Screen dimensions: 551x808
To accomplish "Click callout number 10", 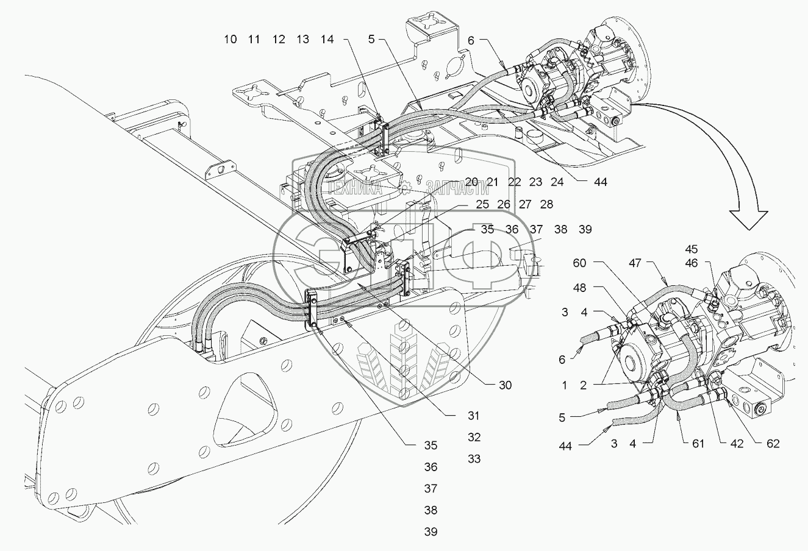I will click(x=230, y=40).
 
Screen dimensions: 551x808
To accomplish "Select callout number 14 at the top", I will click(x=327, y=40).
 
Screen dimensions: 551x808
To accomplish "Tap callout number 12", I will click(x=279, y=40).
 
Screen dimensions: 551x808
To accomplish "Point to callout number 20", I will click(x=471, y=182).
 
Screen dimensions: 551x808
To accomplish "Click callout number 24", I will click(x=557, y=182).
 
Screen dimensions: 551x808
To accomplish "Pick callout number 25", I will click(x=482, y=205).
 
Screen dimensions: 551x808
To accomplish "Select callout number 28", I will click(x=546, y=205).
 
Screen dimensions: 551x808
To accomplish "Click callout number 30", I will click(x=504, y=385).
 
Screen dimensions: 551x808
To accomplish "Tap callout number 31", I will click(x=474, y=416).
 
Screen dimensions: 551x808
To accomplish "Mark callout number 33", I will click(x=474, y=459).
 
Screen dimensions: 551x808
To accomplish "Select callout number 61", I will click(x=698, y=444).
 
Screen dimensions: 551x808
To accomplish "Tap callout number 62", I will click(x=773, y=444).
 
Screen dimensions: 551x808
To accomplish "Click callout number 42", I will click(x=737, y=444).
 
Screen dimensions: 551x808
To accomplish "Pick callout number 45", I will click(x=708, y=249).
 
